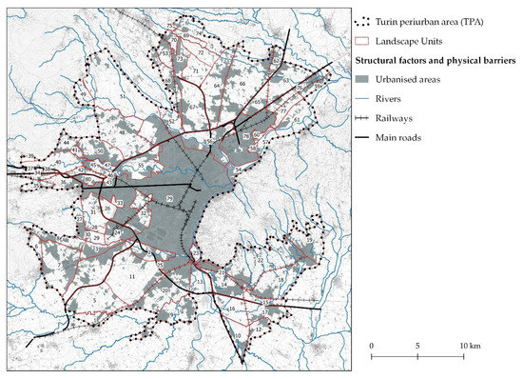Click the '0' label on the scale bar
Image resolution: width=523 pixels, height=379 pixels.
[x=371, y=343]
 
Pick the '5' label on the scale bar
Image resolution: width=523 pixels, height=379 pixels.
[x=417, y=343]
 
